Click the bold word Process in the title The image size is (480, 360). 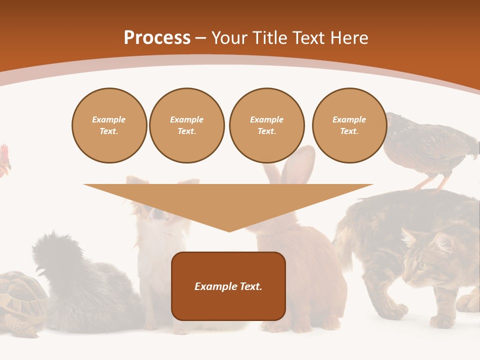point(157,38)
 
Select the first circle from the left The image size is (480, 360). point(109,125)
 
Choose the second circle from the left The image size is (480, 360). point(186,125)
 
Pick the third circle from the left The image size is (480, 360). point(266,125)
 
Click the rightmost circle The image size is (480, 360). point(349,125)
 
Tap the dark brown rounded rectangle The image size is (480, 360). point(228,286)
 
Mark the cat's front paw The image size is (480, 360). point(440,320)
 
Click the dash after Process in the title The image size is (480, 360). point(201,38)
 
